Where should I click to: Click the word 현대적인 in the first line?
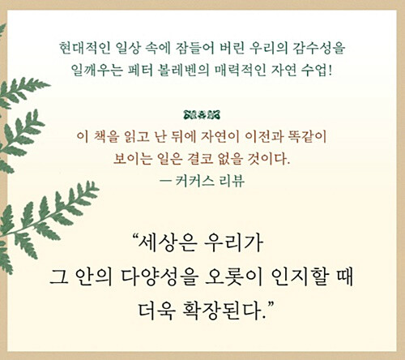[84, 48]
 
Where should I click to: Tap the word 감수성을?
[319, 48]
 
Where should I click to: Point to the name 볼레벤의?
[185, 70]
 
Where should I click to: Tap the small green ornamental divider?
[202, 115]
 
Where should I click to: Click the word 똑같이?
[308, 136]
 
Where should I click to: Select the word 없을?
[232, 159]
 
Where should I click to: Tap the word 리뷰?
[232, 180]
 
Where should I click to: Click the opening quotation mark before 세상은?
[134, 238]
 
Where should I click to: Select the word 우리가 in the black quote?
[233, 242]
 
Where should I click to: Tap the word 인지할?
[300, 277]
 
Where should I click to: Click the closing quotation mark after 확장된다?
[271, 305]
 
